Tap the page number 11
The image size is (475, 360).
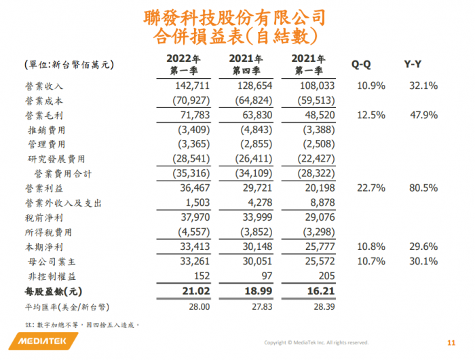click(451, 342)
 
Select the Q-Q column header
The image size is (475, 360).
click(360, 65)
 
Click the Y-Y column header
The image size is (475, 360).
click(414, 65)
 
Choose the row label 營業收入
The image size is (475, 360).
click(44, 86)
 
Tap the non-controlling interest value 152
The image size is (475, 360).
click(202, 276)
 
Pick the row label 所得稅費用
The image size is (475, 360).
click(49, 232)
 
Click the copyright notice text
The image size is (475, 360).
click(316, 343)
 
